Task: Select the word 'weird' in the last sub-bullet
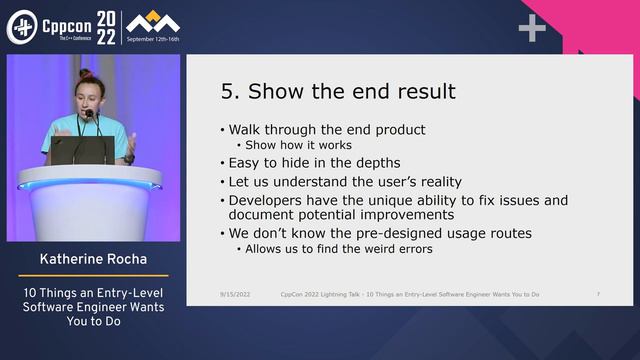(366, 249)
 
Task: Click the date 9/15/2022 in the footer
(237, 295)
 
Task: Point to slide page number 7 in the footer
(597, 295)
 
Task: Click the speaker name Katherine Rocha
(91, 260)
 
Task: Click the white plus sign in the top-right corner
(532, 28)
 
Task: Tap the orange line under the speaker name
(91, 275)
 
